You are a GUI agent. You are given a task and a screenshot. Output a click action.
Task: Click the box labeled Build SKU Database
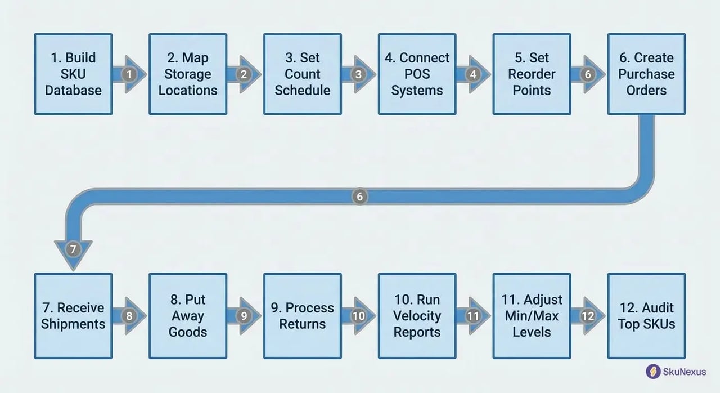[73, 74]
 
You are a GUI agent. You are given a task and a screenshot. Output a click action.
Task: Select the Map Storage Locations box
[188, 74]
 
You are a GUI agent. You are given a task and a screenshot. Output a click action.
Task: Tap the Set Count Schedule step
[303, 74]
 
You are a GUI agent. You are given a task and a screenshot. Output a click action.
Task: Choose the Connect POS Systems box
[417, 74]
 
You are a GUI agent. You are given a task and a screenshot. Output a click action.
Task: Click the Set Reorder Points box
[532, 74]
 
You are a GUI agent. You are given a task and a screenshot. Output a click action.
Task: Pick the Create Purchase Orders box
[646, 74]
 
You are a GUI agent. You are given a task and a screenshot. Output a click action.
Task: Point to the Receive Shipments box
[73, 316]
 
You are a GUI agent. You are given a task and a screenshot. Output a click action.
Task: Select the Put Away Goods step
[188, 316]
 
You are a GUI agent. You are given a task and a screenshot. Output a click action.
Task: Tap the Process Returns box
[303, 316]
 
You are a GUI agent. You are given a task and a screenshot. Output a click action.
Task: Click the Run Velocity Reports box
[417, 316]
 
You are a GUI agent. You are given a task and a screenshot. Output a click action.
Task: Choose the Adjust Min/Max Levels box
[532, 316]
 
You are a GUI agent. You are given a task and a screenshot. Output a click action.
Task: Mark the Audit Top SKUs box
[646, 316]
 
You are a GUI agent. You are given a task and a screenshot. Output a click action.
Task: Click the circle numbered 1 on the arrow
[129, 74]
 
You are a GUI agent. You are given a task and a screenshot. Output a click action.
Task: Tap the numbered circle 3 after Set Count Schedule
[358, 74]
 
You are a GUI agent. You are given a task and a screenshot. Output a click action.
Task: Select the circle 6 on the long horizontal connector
[360, 196]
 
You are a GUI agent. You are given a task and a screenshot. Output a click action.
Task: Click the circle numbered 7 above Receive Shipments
[73, 249]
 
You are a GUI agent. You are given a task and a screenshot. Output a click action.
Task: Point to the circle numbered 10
[358, 316]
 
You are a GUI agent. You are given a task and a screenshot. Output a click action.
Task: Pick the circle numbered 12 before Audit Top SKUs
[588, 316]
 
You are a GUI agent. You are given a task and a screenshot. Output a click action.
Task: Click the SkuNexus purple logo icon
[653, 372]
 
